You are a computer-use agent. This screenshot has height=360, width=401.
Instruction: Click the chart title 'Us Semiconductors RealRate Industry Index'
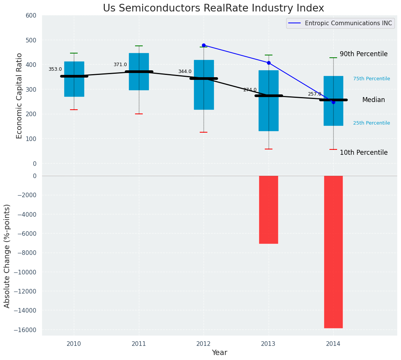(x=213, y=8)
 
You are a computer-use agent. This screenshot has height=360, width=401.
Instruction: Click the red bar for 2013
(x=268, y=209)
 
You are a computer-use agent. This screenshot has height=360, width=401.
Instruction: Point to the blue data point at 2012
(x=204, y=45)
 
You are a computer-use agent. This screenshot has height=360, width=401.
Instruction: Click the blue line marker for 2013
(x=269, y=63)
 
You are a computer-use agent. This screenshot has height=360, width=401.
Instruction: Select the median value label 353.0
(x=55, y=69)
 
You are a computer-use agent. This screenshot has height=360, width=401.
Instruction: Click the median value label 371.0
(x=120, y=65)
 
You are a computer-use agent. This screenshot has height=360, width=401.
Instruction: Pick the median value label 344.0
(x=185, y=71)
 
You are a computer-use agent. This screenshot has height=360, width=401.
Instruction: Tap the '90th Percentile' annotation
(x=364, y=54)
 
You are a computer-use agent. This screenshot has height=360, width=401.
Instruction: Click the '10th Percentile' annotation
(x=364, y=152)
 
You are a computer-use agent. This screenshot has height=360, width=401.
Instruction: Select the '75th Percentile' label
(x=371, y=79)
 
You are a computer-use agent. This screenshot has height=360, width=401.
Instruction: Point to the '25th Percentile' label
(x=371, y=123)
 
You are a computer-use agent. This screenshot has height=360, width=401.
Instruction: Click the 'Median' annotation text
(x=373, y=100)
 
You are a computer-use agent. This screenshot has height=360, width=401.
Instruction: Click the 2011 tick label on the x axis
(x=139, y=344)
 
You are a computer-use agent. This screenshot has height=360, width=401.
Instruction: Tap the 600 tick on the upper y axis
(x=31, y=15)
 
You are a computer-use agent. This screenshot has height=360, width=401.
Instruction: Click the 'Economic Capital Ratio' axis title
(x=20, y=96)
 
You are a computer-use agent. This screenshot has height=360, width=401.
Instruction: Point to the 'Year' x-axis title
(x=219, y=353)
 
